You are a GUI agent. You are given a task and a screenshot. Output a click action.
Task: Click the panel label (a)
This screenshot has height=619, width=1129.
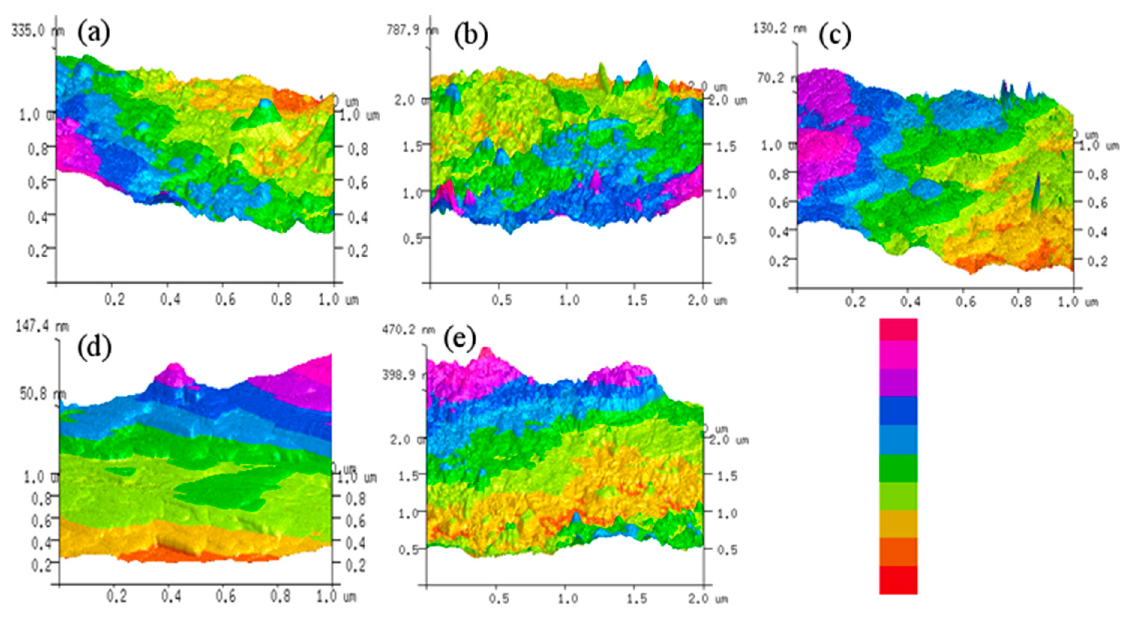[x=94, y=34]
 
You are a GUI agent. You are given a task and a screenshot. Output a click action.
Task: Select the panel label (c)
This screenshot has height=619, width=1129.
[x=835, y=35]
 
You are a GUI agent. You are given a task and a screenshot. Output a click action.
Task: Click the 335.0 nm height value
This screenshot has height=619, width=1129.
[x=38, y=32]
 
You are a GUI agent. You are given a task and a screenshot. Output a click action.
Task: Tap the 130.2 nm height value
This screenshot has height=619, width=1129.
[x=779, y=29]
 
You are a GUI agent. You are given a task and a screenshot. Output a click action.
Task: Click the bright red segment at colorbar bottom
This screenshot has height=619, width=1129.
[x=898, y=580]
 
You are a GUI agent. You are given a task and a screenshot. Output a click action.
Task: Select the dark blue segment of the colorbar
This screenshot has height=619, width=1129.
[x=898, y=410]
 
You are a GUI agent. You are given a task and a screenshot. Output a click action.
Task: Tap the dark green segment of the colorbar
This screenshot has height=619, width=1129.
[x=898, y=468]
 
